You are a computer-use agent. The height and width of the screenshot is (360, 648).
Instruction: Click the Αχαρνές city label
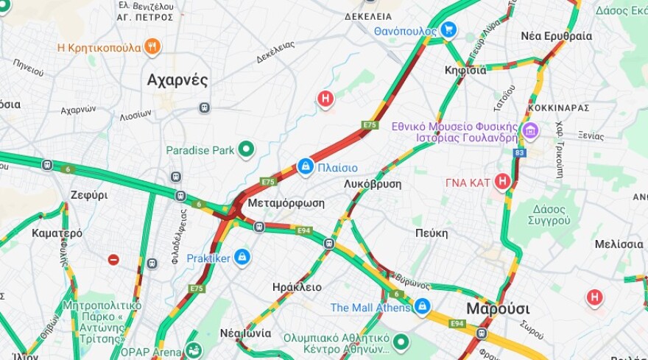(x=177, y=80)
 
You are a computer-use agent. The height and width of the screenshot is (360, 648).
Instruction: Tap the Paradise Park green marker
(x=246, y=150)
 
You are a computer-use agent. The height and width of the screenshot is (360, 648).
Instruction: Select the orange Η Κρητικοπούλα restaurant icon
(x=152, y=47)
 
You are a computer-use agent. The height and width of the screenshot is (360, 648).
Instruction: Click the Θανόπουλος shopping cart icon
(x=448, y=30)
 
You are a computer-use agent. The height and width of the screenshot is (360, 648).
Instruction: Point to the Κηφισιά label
(x=465, y=71)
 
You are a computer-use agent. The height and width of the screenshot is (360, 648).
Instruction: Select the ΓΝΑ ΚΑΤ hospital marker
(x=502, y=181)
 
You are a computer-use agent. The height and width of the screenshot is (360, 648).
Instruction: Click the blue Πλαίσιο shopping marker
(x=306, y=167)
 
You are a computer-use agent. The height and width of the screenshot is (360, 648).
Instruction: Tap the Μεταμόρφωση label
(x=286, y=203)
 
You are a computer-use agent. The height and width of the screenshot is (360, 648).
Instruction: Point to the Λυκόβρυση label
(x=373, y=183)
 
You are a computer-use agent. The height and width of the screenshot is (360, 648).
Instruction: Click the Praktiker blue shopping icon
(x=242, y=258)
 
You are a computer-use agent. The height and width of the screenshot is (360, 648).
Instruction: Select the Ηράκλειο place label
(x=297, y=287)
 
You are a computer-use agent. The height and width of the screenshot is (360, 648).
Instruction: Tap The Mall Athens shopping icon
(x=422, y=306)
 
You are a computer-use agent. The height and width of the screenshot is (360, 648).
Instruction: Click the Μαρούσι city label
(x=498, y=308)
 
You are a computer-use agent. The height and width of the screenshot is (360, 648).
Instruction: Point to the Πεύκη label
(x=431, y=233)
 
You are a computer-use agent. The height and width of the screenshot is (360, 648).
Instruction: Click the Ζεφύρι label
(x=89, y=195)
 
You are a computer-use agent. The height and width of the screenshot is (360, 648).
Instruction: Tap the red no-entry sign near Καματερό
(x=113, y=259)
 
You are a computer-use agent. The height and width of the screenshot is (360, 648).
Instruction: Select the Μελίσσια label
(x=619, y=244)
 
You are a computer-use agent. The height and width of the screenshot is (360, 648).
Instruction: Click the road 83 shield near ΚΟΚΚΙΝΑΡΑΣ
(x=520, y=153)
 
